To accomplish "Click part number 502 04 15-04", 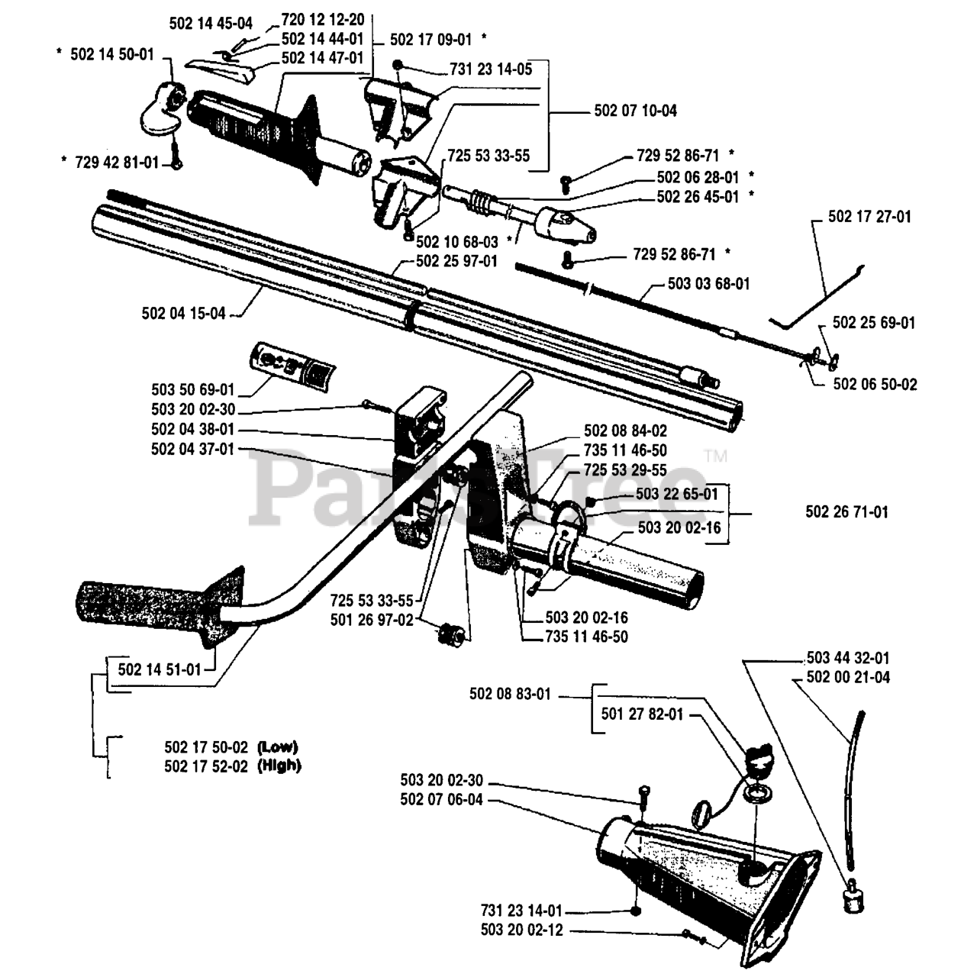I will point(183,313).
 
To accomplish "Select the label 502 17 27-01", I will point(869,217).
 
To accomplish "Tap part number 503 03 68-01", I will point(708,284).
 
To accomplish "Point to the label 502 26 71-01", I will point(846,512).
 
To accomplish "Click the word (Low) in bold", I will point(278,746).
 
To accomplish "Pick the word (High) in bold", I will point(279,766).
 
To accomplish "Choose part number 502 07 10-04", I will point(635,111).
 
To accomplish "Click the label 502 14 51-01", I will point(160,669).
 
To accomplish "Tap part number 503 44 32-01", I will point(847,657).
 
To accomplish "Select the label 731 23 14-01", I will point(521,911).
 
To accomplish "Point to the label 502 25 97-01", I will point(456,261).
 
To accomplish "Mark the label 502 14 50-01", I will point(111,55).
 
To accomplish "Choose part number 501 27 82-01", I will point(642,715).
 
